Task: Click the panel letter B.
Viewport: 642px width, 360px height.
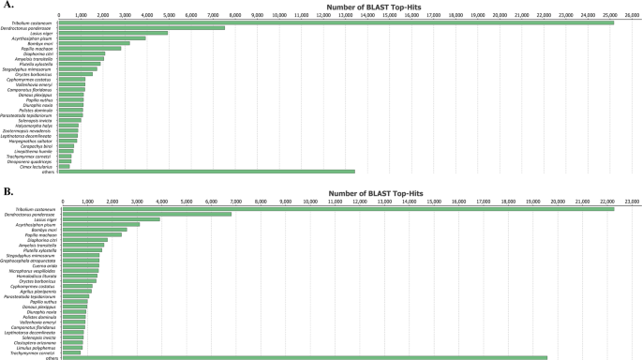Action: point(7,191)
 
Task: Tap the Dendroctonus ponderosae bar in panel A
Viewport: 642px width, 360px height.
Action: point(141,28)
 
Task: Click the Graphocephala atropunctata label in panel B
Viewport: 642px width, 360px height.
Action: point(37,260)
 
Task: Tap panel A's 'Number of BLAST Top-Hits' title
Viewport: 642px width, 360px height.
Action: point(346,7)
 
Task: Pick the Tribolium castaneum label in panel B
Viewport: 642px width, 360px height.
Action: point(38,209)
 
